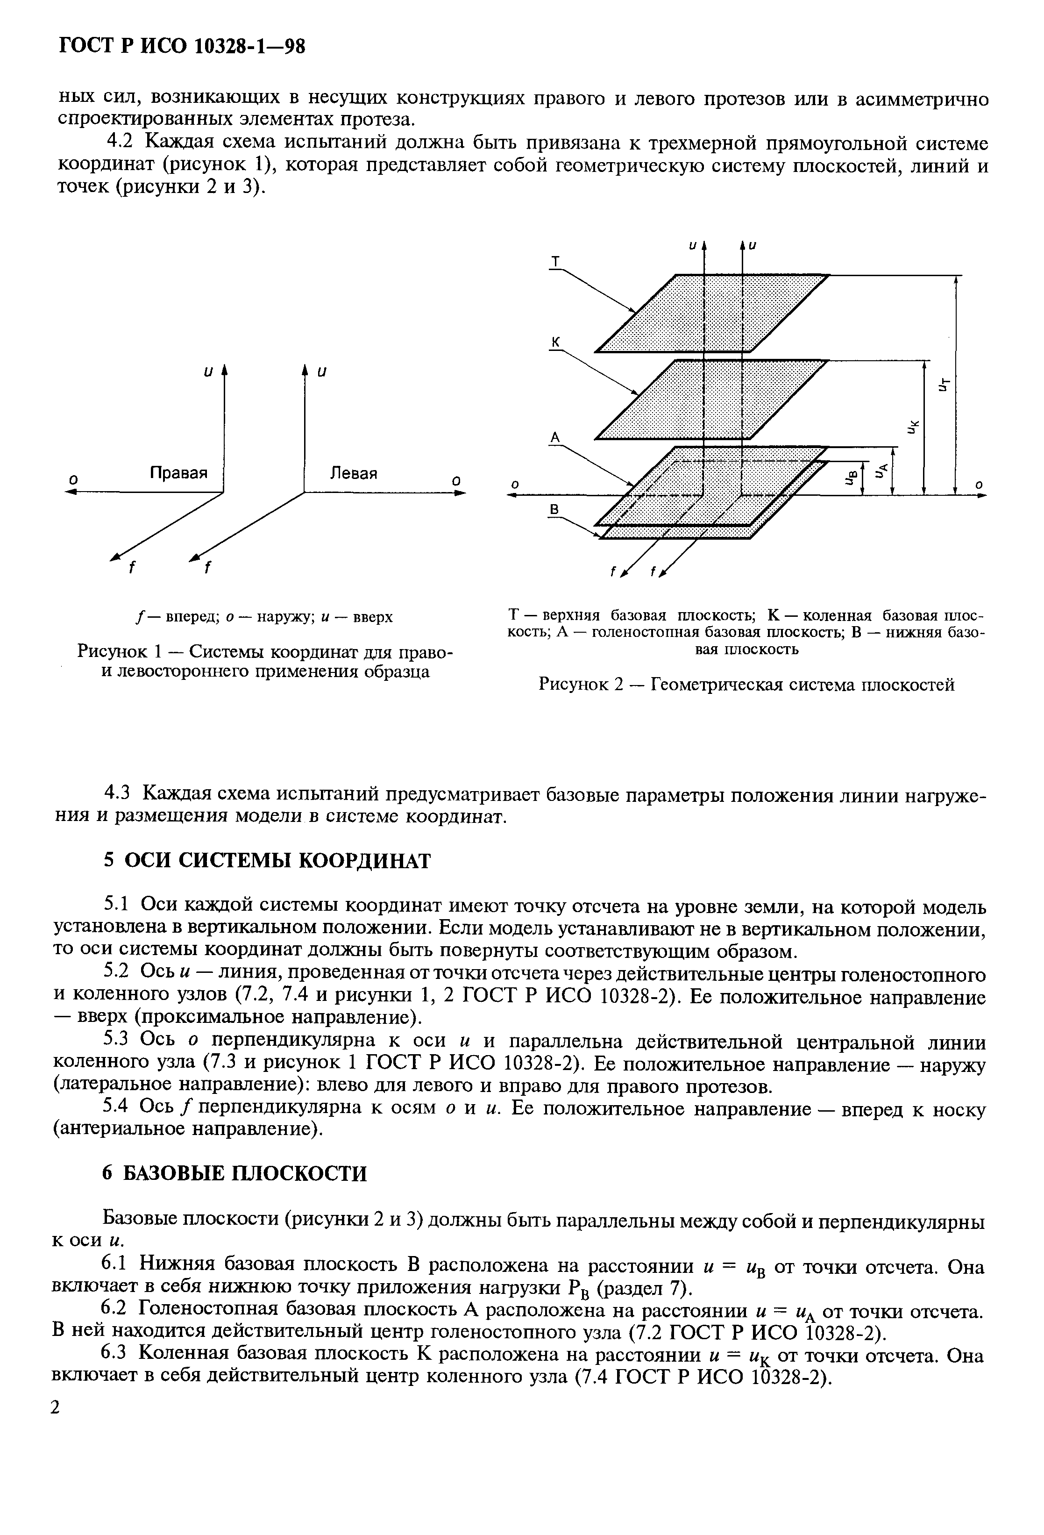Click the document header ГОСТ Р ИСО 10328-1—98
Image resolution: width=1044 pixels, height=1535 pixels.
click(182, 46)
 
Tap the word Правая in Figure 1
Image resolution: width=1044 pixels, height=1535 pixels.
click(178, 473)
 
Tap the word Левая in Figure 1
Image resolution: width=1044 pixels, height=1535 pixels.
click(354, 473)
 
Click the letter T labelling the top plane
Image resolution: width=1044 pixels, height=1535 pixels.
click(555, 263)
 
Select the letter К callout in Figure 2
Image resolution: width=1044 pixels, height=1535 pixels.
click(555, 342)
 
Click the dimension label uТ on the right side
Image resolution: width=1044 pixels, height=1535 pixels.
click(945, 383)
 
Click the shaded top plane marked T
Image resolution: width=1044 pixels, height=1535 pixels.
click(713, 314)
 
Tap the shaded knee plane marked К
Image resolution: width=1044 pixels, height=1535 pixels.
click(713, 400)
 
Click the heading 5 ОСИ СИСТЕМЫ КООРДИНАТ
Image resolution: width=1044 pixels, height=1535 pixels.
click(267, 861)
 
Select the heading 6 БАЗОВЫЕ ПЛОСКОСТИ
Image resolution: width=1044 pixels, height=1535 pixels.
click(234, 1174)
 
